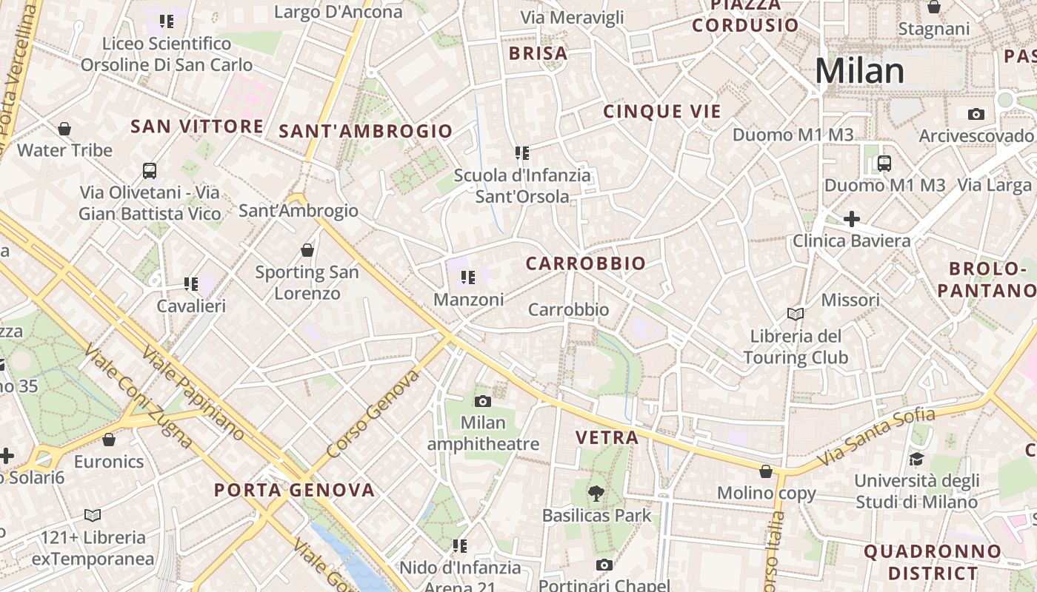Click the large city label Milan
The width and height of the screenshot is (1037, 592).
coord(859,71)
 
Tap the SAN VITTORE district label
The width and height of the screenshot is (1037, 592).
coord(197,127)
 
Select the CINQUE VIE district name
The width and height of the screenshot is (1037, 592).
coord(661,112)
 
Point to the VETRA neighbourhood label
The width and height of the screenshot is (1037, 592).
coord(607,437)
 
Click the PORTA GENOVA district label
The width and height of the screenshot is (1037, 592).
coord(295,490)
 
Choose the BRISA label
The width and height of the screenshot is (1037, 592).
coord(538,53)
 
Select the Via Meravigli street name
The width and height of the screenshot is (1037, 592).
coord(572,18)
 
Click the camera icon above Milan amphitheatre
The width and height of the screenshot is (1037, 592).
coord(483,401)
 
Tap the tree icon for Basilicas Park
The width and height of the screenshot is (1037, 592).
coord(596,493)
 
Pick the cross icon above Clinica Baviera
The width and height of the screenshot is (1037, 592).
coord(852,219)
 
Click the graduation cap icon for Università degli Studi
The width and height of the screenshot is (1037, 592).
coord(916,459)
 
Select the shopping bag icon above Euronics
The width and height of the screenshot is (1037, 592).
coord(109,440)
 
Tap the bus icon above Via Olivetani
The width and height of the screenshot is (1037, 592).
coord(150,171)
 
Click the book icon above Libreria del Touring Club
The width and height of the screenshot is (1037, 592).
coord(796,314)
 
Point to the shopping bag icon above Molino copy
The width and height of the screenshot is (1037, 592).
coord(766,471)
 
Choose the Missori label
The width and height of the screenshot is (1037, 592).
coord(850,300)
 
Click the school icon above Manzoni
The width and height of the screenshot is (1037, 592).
coord(467,277)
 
